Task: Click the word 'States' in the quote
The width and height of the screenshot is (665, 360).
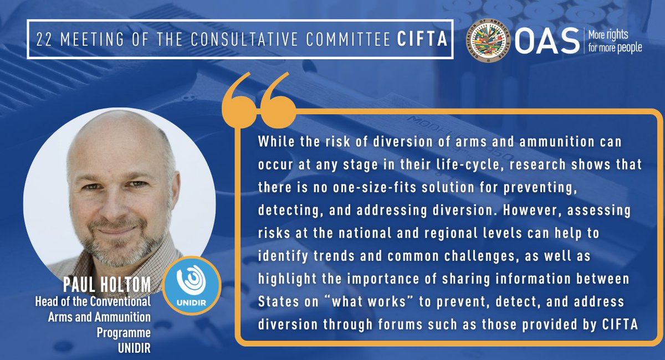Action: coord(275,303)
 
